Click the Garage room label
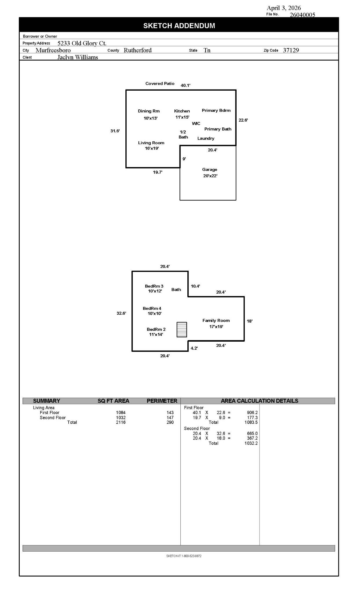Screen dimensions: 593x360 (210, 170)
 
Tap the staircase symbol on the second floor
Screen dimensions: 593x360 (182, 330)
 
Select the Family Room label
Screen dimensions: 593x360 (216, 321)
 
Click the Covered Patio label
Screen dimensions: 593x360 (160, 84)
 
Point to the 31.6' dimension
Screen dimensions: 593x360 (115, 131)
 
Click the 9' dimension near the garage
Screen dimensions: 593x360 (184, 159)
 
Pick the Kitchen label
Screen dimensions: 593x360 (182, 111)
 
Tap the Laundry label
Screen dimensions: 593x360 (206, 138)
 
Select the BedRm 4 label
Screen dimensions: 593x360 (152, 308)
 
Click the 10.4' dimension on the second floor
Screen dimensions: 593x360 (195, 286)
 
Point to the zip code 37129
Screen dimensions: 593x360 (291, 50)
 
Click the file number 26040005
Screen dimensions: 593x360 (302, 15)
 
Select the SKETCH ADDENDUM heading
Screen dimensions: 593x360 (179, 26)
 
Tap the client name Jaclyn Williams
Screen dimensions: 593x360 (78, 57)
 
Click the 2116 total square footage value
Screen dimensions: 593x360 (121, 422)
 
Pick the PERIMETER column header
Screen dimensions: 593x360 (162, 401)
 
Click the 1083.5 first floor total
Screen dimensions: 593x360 (251, 422)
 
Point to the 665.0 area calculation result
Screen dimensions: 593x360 (252, 433)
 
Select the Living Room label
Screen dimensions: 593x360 (151, 143)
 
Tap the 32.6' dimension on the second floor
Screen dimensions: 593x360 (121, 313)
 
